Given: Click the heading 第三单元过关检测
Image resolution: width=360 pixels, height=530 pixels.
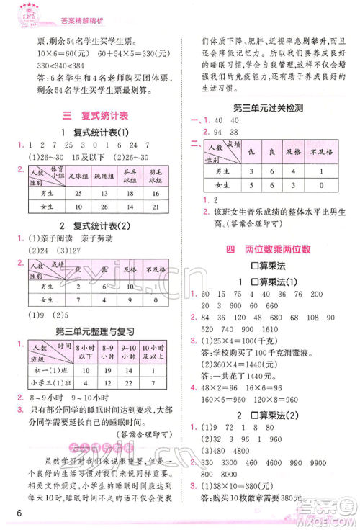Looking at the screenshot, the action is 268,108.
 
